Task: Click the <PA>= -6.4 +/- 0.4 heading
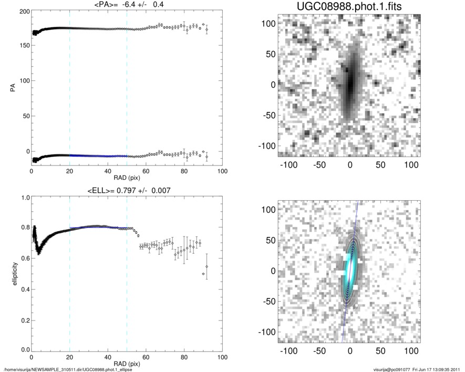coord(127,5)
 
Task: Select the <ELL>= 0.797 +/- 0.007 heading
coord(127,191)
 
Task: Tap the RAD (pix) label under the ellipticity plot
coord(127,363)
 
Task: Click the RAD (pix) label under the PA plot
coord(127,178)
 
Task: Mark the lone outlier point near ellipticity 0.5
coord(203,274)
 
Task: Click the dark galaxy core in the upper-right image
coord(349,83)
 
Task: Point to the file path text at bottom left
coord(68,369)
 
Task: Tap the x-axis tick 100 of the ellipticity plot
coord(222,357)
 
